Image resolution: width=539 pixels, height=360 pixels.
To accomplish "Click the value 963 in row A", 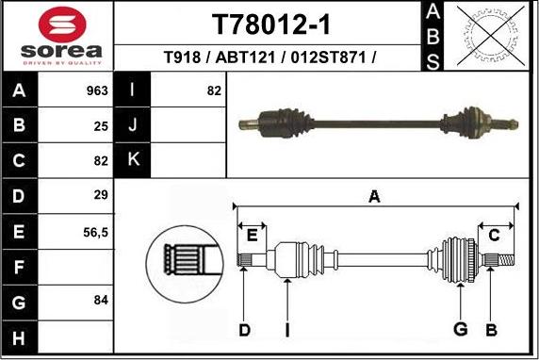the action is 97,91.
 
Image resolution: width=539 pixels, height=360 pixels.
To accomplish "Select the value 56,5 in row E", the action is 96,231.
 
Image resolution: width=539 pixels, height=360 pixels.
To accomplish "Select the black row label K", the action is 133,159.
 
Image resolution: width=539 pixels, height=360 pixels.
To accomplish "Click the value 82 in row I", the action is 213,91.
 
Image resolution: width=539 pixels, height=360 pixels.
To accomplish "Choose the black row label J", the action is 133,124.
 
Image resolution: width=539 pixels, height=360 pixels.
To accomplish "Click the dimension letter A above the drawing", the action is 374,196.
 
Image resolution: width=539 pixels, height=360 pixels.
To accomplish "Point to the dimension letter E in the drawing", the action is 252,233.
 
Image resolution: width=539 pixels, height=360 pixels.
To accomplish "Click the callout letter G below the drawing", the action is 461,329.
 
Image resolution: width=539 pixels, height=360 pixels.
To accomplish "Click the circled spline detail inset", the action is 184,261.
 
